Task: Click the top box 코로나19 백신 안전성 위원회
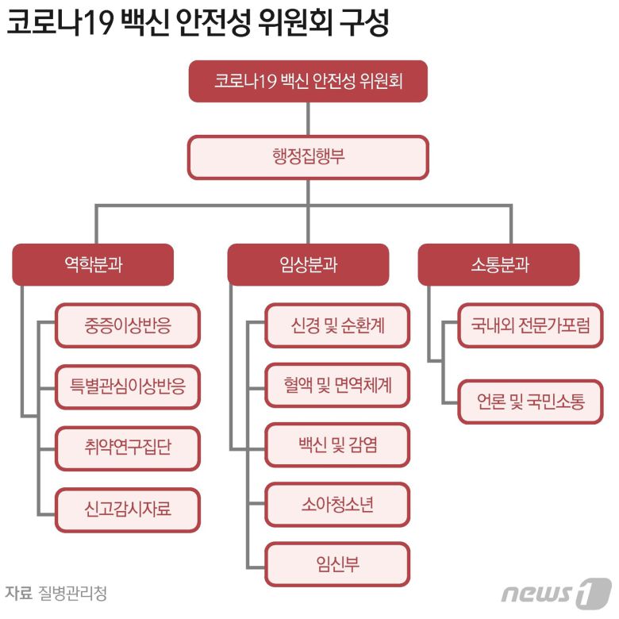tap(308, 81)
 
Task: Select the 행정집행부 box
tap(308, 156)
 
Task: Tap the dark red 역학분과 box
tap(93, 264)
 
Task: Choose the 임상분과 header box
tap(308, 264)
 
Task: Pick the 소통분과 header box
tap(498, 264)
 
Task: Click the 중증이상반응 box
tap(127, 325)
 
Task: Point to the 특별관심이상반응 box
tap(127, 386)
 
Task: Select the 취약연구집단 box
tap(127, 448)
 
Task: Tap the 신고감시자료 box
tap(127, 509)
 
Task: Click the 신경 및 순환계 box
tap(337, 325)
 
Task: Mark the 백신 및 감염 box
tap(337, 444)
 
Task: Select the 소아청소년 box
tap(337, 504)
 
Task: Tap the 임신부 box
tap(337, 564)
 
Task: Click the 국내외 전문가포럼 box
tap(530, 325)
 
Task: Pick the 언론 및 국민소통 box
tap(530, 402)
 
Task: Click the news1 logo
tap(556, 593)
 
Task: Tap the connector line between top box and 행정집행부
tap(308, 118)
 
